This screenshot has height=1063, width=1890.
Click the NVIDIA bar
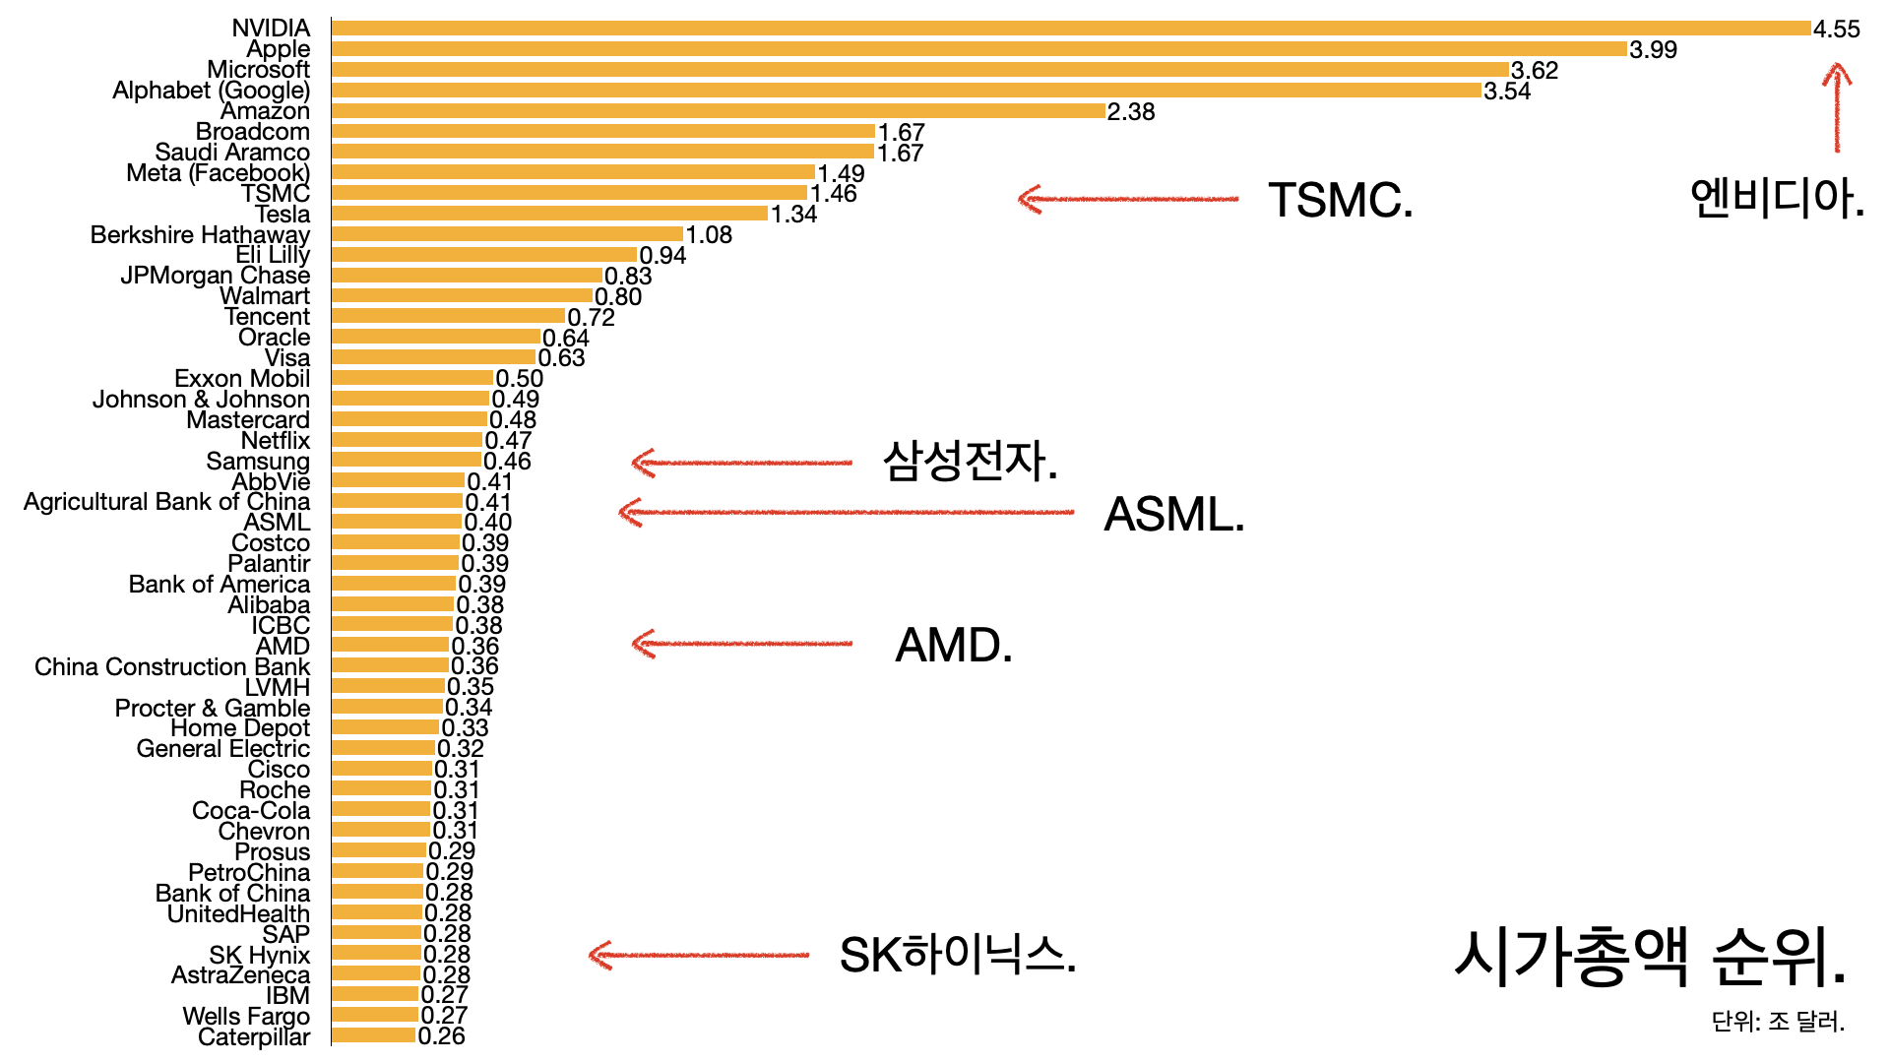[x=1071, y=29]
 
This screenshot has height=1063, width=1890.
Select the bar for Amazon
[x=719, y=111]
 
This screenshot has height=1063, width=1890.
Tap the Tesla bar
[x=549, y=214]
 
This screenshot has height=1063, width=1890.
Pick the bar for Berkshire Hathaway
[x=507, y=234]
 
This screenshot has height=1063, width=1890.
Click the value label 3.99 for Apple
[x=1653, y=49]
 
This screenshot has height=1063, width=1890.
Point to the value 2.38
[x=1131, y=111]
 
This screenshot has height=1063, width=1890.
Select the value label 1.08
[x=709, y=234]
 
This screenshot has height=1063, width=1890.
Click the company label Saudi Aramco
[x=232, y=153]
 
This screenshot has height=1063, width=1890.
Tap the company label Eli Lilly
[x=273, y=255]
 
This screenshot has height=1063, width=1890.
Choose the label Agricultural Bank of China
[x=166, y=502]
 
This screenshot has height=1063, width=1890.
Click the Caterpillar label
[x=254, y=1036]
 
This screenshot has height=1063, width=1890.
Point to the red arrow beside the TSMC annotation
[x=1128, y=199]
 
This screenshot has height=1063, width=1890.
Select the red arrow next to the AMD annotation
[x=742, y=644]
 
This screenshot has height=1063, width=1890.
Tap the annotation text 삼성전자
[x=970, y=461]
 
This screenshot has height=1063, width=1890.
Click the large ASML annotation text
[x=1173, y=514]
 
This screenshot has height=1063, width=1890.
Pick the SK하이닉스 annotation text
[x=957, y=954]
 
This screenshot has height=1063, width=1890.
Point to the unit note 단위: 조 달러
[x=1778, y=1022]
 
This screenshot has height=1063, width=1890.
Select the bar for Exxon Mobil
[x=412, y=378]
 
